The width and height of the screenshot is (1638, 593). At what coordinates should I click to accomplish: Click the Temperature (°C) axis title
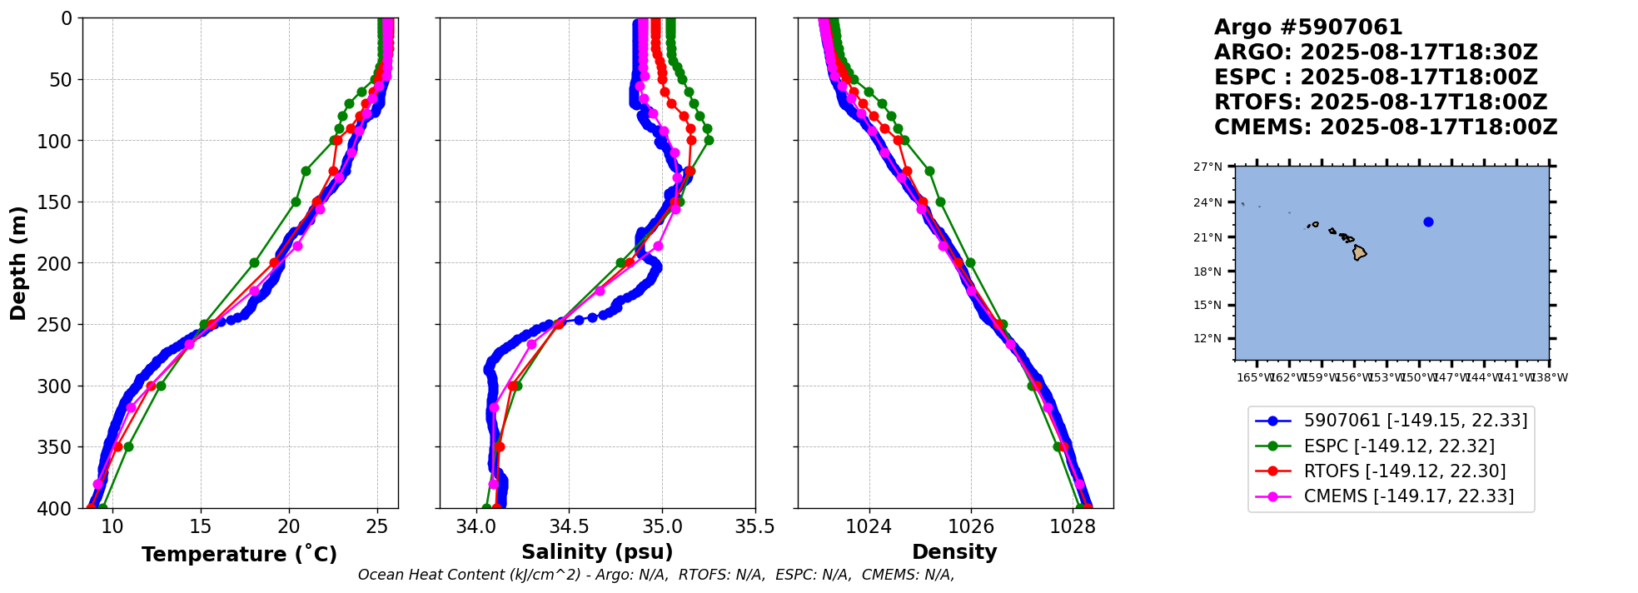pyautogui.click(x=239, y=555)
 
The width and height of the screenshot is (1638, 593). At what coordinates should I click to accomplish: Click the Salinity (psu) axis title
pyautogui.click(x=597, y=552)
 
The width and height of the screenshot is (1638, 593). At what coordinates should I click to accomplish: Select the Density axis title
pyautogui.click(x=954, y=552)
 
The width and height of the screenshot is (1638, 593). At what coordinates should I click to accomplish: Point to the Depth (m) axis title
pyautogui.click(x=18, y=262)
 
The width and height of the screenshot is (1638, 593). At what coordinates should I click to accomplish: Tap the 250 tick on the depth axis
pyautogui.click(x=58, y=325)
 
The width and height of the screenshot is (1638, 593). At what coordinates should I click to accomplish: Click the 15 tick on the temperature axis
pyautogui.click(x=201, y=526)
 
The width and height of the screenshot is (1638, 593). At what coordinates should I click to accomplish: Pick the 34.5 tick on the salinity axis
pyautogui.click(x=569, y=526)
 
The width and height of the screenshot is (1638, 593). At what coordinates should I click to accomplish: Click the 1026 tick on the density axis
pyautogui.click(x=971, y=526)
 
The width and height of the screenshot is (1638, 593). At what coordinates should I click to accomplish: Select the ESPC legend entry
pyautogui.click(x=1399, y=446)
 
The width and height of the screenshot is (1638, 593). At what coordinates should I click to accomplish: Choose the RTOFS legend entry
pyautogui.click(x=1405, y=471)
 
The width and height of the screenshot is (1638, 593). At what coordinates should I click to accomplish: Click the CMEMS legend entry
pyautogui.click(x=1408, y=497)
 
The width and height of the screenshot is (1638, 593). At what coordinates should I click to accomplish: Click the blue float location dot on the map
pyautogui.click(x=1428, y=222)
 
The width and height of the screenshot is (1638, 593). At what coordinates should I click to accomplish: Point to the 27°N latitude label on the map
pyautogui.click(x=1208, y=167)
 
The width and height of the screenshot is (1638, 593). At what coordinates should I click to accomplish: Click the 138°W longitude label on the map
pyautogui.click(x=1550, y=378)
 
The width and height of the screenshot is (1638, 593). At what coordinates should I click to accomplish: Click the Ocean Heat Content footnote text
pyautogui.click(x=655, y=575)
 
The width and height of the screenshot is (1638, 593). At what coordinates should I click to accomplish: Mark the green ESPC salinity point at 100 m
pyautogui.click(x=709, y=140)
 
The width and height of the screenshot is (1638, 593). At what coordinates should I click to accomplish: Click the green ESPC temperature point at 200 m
pyautogui.click(x=254, y=262)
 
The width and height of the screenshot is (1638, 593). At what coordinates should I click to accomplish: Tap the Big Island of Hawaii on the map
pyautogui.click(x=1359, y=252)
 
